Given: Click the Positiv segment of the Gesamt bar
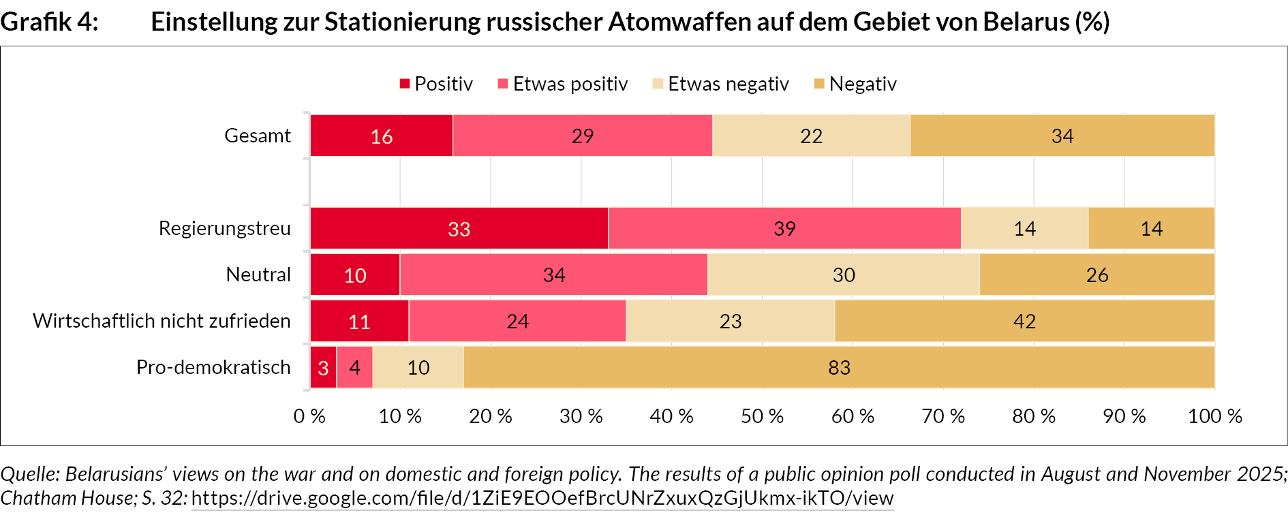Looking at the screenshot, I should click(x=381, y=136).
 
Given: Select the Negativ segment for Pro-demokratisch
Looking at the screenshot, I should click(x=839, y=368).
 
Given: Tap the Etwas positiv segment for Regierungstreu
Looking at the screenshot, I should click(x=784, y=229).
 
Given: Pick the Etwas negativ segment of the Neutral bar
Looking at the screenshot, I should click(x=843, y=275).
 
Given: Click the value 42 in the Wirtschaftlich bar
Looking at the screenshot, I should click(x=1024, y=322).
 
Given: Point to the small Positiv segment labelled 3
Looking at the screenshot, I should click(x=323, y=368).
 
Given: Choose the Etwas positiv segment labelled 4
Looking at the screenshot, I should click(x=354, y=368).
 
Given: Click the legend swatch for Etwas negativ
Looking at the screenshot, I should click(x=658, y=84).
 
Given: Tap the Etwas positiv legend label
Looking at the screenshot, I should click(x=570, y=84).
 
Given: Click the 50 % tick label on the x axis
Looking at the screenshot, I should click(x=762, y=416).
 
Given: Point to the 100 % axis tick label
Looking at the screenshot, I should click(x=1214, y=416).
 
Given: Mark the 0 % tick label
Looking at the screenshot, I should click(x=309, y=416).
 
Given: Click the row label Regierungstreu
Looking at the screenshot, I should click(x=224, y=228).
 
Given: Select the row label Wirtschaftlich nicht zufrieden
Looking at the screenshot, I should click(x=162, y=321).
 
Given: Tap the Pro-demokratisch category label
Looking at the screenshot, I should click(x=213, y=367).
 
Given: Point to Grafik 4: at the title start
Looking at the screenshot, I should click(x=49, y=22).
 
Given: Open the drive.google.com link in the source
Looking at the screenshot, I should click(x=542, y=499).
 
